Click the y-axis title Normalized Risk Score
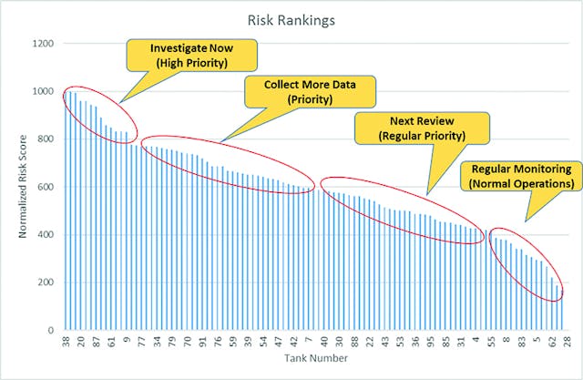[x=23, y=187]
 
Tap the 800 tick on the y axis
[x=45, y=139]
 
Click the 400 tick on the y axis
[x=45, y=235]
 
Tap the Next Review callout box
[x=422, y=128]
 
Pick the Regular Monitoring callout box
[x=521, y=176]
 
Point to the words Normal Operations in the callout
[x=521, y=183]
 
